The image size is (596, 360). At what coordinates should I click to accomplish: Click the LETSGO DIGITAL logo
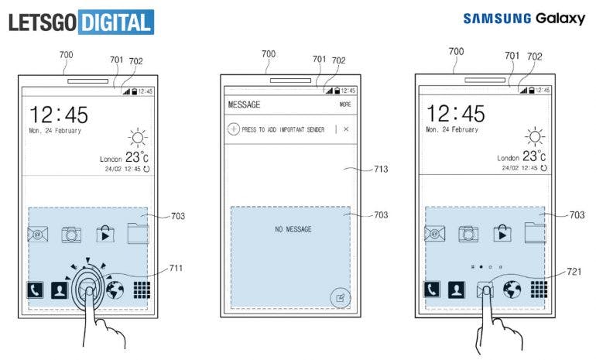[81, 22]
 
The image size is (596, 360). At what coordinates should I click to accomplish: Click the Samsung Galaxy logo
[524, 19]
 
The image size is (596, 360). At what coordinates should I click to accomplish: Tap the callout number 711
[176, 268]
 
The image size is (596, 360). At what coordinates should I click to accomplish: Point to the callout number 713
[381, 169]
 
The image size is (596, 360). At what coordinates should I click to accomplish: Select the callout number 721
[574, 272]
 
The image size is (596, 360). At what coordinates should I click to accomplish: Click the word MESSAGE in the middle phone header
[244, 105]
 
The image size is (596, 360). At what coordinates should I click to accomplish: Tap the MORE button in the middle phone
[345, 105]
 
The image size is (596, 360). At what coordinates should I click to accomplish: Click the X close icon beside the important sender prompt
[346, 129]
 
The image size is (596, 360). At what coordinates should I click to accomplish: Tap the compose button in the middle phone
[340, 297]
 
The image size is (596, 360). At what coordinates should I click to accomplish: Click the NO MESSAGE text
[293, 229]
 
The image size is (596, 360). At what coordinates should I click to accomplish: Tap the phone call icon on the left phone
[35, 290]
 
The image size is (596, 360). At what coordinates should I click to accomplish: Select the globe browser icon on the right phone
[512, 290]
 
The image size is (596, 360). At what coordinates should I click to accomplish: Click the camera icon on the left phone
[71, 235]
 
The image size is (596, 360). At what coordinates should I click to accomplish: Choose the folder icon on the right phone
[535, 233]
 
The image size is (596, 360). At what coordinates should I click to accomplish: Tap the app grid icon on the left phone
[142, 290]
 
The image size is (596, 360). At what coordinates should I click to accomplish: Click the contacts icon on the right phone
[457, 290]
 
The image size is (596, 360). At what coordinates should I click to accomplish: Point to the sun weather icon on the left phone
[138, 138]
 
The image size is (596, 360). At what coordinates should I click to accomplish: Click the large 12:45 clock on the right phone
[456, 114]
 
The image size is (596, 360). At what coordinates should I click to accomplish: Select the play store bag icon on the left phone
[105, 234]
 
